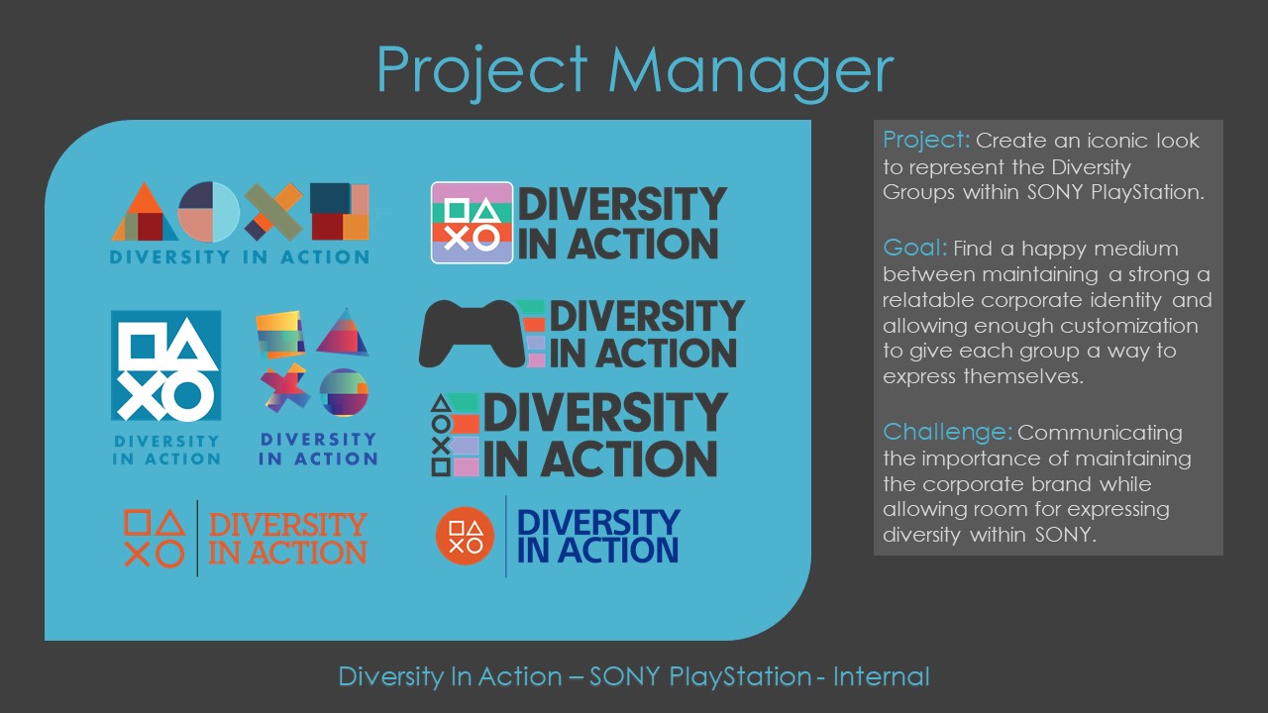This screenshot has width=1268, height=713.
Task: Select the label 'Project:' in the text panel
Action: tap(925, 140)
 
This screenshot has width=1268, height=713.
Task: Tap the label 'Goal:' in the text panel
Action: tap(915, 248)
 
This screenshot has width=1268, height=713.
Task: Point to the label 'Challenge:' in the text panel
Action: tap(947, 433)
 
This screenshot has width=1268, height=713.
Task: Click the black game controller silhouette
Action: tap(479, 334)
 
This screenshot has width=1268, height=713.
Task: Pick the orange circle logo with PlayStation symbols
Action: tap(465, 536)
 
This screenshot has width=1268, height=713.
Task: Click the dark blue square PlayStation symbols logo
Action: tap(165, 365)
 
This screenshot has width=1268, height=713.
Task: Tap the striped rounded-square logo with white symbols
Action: tap(472, 223)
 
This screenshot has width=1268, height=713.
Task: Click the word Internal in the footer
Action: tap(881, 677)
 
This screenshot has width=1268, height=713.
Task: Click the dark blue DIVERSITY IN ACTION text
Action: tap(597, 536)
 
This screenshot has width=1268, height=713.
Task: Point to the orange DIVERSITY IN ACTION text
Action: tap(287, 538)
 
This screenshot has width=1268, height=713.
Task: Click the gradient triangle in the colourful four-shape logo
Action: tap(344, 332)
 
